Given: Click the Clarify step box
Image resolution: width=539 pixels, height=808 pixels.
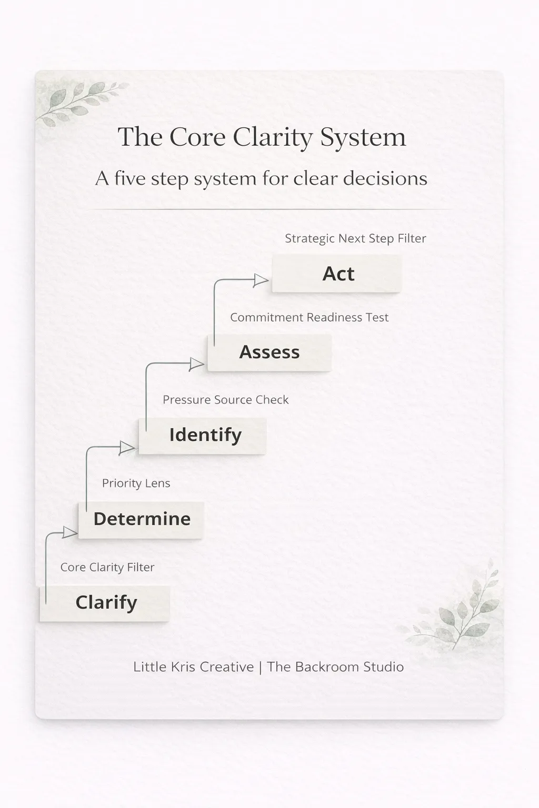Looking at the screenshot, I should pyautogui.click(x=105, y=603).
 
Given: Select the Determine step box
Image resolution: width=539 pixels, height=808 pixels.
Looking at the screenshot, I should pyautogui.click(x=141, y=519).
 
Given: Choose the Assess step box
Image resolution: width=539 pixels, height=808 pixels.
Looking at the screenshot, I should pyautogui.click(x=269, y=352).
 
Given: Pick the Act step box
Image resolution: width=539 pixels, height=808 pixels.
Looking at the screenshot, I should pyautogui.click(x=337, y=274).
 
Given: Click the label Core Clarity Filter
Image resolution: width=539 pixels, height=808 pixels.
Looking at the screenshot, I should pyautogui.click(x=107, y=567).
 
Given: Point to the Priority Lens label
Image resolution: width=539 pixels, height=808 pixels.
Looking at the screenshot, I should pyautogui.click(x=136, y=483).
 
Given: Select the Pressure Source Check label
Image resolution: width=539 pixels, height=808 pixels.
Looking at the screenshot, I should pyautogui.click(x=225, y=400).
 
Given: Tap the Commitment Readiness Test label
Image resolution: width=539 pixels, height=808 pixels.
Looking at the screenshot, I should pyautogui.click(x=309, y=317).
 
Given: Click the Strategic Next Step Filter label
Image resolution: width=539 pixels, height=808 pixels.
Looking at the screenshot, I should pyautogui.click(x=355, y=238).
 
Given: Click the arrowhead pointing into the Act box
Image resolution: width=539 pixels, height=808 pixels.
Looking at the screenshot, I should pyautogui.click(x=261, y=280).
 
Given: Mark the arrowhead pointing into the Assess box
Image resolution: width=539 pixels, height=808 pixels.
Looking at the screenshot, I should pyautogui.click(x=196, y=363).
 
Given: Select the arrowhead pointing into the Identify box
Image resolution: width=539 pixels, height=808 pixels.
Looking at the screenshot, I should pyautogui.click(x=127, y=448).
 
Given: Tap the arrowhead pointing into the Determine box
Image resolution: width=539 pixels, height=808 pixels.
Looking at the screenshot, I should pyautogui.click(x=69, y=532).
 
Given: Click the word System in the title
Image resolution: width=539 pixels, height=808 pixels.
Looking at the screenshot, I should pyautogui.click(x=363, y=137).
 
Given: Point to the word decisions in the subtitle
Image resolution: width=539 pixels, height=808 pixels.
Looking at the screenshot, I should pyautogui.click(x=385, y=178).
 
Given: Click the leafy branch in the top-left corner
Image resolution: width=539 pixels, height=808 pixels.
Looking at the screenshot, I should pyautogui.click(x=79, y=103).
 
